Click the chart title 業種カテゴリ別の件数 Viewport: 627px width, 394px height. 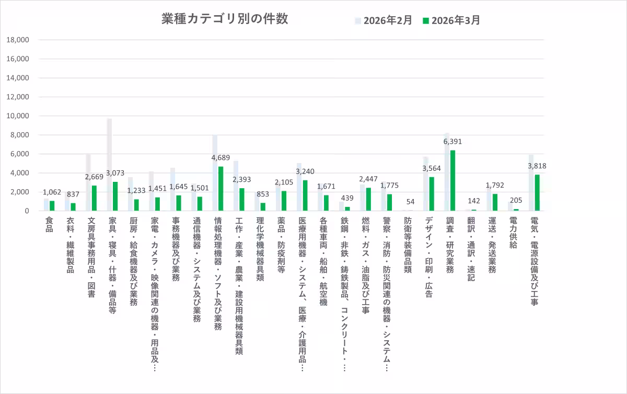pyautogui.click(x=225, y=19)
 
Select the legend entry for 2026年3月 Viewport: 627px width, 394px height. pyautogui.click(x=451, y=20)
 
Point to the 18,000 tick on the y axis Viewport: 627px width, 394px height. pyautogui.click(x=18, y=40)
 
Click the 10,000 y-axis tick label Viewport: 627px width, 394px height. pyautogui.click(x=18, y=116)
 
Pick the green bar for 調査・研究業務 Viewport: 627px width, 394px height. pyautogui.click(x=452, y=180)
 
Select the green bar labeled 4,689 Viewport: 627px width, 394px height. pyautogui.click(x=220, y=189)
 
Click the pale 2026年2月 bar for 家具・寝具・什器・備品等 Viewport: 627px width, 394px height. pyautogui.click(x=109, y=165)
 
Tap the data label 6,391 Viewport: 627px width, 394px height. pyautogui.click(x=452, y=142)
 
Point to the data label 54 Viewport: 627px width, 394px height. pyautogui.click(x=410, y=202)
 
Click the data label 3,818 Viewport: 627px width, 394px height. pyautogui.click(x=537, y=166)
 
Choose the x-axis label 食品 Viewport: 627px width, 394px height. pyautogui.click(x=50, y=224)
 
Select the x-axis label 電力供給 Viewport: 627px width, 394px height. pyautogui.click(x=514, y=233)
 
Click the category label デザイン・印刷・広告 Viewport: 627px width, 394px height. pyautogui.click(x=428, y=257)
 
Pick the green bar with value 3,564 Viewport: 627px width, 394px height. pyautogui.click(x=432, y=194)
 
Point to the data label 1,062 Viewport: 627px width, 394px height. pyautogui.click(x=52, y=192)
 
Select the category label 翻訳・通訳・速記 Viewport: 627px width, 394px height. pyautogui.click(x=471, y=249)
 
